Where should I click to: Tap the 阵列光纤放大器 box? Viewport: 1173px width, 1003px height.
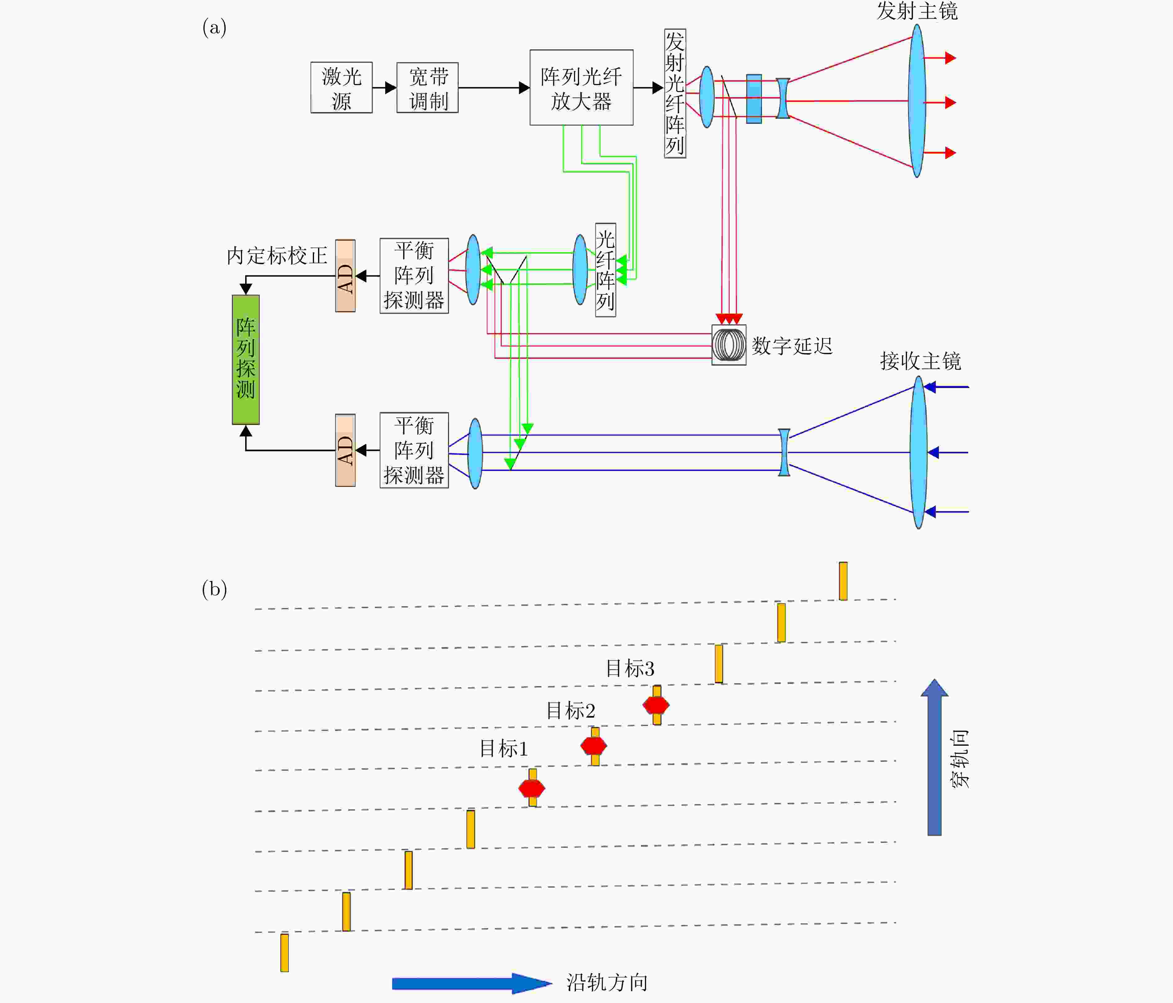[582, 87]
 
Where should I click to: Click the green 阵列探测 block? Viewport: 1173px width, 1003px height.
[246, 360]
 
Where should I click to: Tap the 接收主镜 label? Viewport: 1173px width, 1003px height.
[920, 361]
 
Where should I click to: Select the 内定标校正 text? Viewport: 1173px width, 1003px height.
[277, 256]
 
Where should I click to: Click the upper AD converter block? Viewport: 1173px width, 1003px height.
[345, 276]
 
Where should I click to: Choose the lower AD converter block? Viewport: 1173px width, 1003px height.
[345, 450]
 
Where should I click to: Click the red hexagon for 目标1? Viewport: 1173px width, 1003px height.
[532, 788]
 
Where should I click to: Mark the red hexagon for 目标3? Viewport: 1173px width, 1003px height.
[656, 705]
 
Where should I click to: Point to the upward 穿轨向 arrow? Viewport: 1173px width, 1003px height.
[934, 757]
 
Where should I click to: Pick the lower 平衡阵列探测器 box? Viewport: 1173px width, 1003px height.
[414, 450]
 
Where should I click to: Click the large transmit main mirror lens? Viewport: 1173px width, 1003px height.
[917, 101]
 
